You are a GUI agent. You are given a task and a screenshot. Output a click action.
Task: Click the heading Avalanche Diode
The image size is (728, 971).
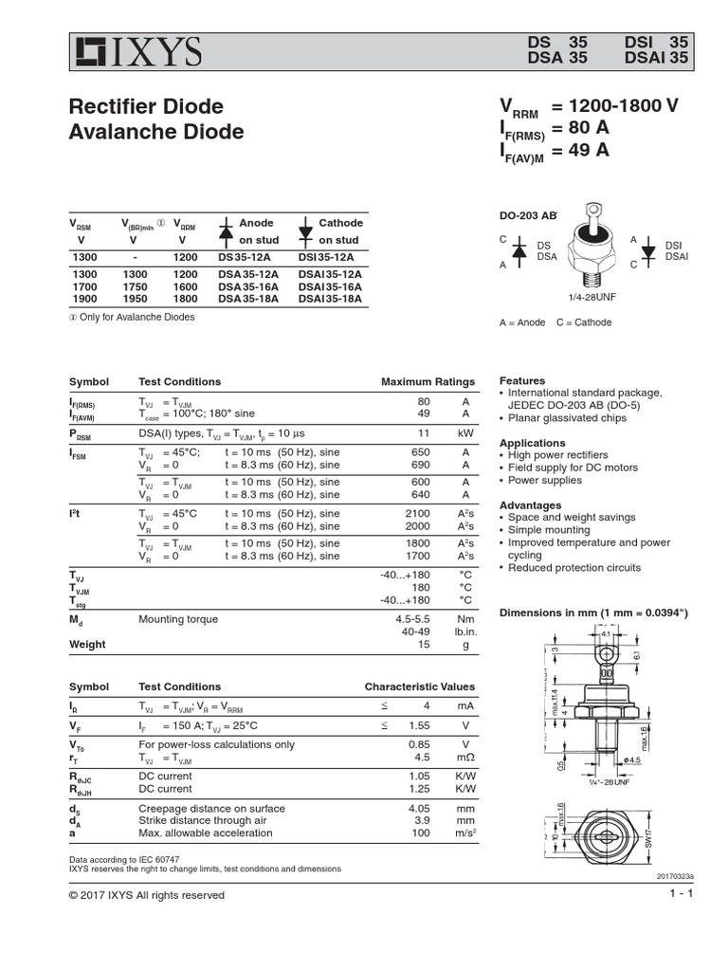coord(156,132)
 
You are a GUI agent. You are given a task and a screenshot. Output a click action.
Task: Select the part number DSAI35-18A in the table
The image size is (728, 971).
coord(331,298)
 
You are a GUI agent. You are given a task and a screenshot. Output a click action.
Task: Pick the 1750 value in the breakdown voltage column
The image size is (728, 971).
coord(135,285)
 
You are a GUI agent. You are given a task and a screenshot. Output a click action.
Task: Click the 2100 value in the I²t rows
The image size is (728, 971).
coord(423,514)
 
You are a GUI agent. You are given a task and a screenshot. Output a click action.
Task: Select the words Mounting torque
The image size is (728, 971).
coord(178,619)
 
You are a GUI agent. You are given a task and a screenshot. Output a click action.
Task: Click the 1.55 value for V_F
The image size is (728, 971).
coord(418,725)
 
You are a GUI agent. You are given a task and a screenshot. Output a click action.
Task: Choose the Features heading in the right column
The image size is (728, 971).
coord(522,380)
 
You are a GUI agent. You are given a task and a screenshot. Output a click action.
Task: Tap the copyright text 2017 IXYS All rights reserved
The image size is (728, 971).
coord(147,895)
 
